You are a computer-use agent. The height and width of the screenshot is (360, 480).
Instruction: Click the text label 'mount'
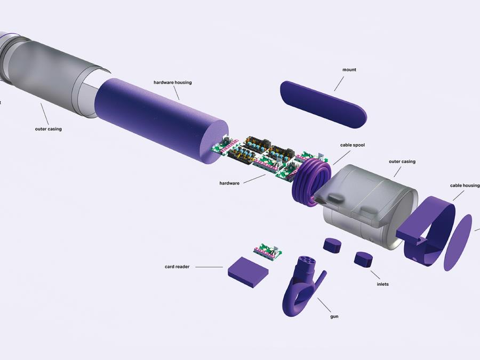click(x=349, y=70)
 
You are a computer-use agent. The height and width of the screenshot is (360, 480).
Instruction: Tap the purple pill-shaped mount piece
click(x=323, y=104)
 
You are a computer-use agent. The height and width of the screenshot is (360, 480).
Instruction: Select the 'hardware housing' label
click(x=173, y=82)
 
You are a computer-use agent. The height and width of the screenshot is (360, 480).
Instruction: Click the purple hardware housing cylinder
click(x=162, y=121)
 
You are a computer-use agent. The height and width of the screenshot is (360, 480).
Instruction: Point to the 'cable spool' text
click(x=353, y=145)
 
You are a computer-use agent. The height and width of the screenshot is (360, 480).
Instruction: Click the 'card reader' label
click(x=177, y=267)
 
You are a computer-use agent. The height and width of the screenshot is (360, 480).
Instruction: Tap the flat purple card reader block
click(x=248, y=272)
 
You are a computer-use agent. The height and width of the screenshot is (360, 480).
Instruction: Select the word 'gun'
click(x=334, y=316)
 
